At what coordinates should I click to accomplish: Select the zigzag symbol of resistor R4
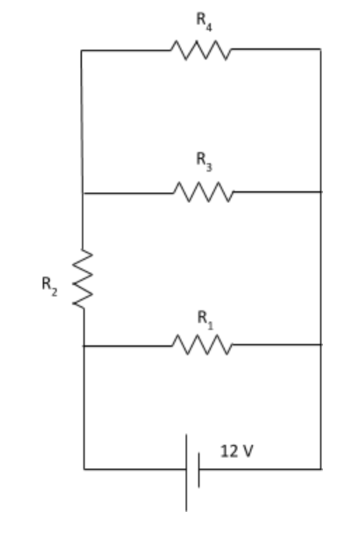[200, 50]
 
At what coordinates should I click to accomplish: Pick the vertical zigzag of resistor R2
[83, 278]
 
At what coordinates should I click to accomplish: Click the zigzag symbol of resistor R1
[202, 345]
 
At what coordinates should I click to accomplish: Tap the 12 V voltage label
[237, 451]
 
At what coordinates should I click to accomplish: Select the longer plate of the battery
[187, 472]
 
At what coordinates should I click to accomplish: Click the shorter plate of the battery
[200, 469]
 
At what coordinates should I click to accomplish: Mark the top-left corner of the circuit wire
[81, 50]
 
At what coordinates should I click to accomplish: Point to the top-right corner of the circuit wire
[321, 50]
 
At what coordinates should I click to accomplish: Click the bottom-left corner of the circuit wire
[84, 469]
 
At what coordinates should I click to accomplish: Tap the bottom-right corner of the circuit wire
[321, 469]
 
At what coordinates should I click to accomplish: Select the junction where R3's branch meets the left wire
[83, 192]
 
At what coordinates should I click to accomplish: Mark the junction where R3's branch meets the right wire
[321, 191]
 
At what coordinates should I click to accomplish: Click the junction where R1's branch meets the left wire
[83, 345]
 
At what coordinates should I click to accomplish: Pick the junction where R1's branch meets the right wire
[321, 345]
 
